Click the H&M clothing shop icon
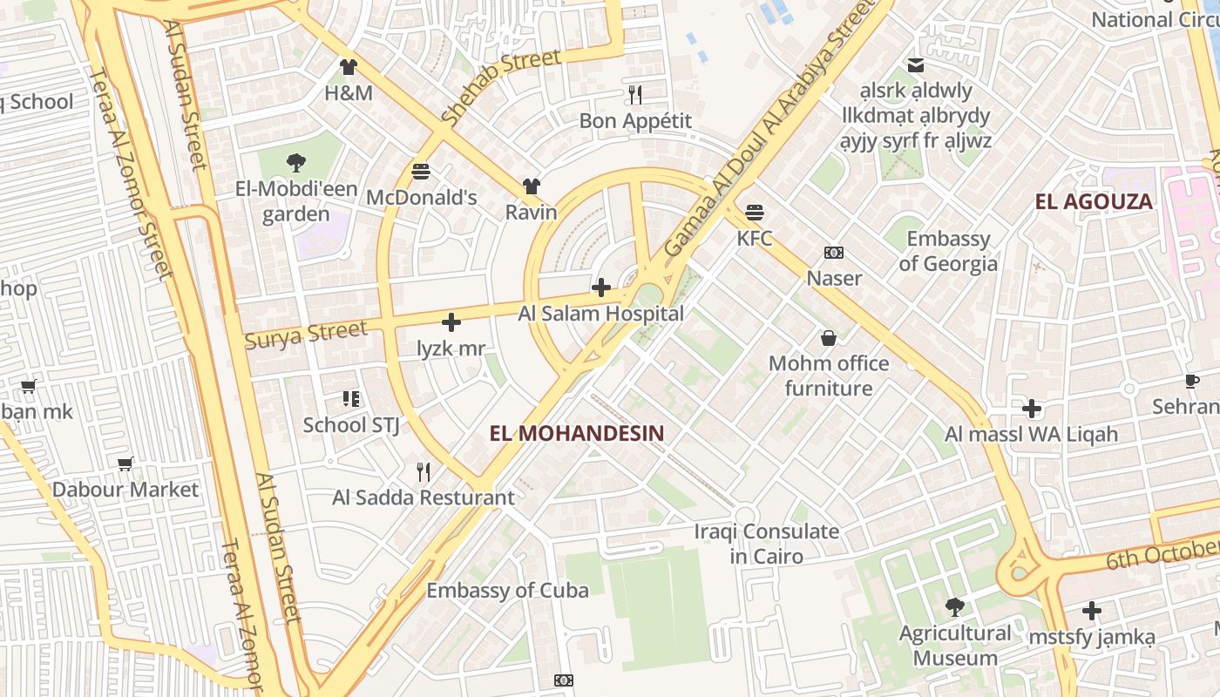[x=349, y=67]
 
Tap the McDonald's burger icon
[x=421, y=171]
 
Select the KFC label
[x=755, y=238]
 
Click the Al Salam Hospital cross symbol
[x=601, y=288]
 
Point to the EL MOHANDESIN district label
[x=577, y=433]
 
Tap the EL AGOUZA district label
[x=1094, y=202]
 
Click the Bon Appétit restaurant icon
[x=635, y=94]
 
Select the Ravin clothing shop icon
[x=532, y=186]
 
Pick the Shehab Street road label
[x=500, y=87]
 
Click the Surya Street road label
[x=306, y=335]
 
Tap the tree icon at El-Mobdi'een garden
[x=295, y=161]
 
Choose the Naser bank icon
[x=834, y=253]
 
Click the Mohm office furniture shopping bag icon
[x=828, y=338]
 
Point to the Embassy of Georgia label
[x=948, y=251]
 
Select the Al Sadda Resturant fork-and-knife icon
[x=424, y=472]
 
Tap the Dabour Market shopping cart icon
[x=125, y=464]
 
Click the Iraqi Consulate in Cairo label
[x=767, y=543]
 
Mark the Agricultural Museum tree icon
[x=955, y=606]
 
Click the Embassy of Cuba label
[x=507, y=591]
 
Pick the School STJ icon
[x=351, y=399]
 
